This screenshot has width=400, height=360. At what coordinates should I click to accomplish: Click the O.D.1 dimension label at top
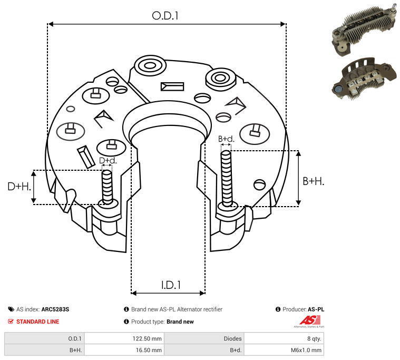pyautogui.click(x=165, y=16)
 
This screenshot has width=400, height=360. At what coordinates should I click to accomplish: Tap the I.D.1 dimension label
pyautogui.click(x=171, y=285)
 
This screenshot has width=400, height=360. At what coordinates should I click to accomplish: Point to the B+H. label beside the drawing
pyautogui.click(x=313, y=181)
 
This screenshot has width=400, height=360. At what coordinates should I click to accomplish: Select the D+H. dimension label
pyautogui.click(x=19, y=187)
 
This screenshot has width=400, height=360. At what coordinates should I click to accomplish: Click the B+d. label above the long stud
pyautogui.click(x=226, y=139)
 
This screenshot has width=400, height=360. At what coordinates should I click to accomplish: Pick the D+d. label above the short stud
pyautogui.click(x=108, y=160)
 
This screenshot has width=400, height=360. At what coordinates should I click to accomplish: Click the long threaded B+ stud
pyautogui.click(x=226, y=178)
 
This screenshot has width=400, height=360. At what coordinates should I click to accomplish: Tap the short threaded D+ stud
pyautogui.click(x=107, y=187)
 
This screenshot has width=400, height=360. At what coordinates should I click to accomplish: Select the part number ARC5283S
pyautogui.click(x=55, y=309)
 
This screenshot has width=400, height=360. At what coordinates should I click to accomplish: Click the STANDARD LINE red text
pyautogui.click(x=38, y=322)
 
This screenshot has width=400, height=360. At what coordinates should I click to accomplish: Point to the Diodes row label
pyautogui.click(x=232, y=338)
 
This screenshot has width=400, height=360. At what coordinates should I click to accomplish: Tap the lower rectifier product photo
pyautogui.click(x=364, y=79)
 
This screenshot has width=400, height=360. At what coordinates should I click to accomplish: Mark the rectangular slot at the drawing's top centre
pyautogui.click(x=172, y=86)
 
